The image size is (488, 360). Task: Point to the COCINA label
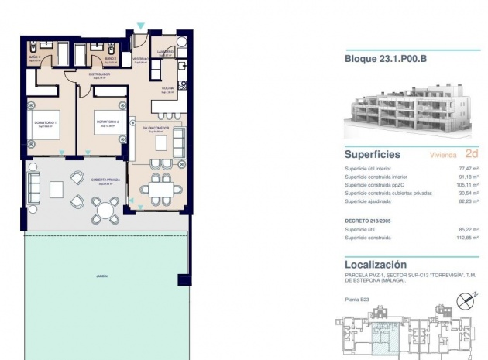[x=167, y=88]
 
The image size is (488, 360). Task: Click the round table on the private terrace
[x=105, y=209]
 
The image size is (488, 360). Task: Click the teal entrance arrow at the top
[x=140, y=26]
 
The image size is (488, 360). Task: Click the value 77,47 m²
[x=469, y=169]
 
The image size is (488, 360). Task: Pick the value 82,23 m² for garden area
[x=469, y=201]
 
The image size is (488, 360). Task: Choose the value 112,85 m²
[x=468, y=238]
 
